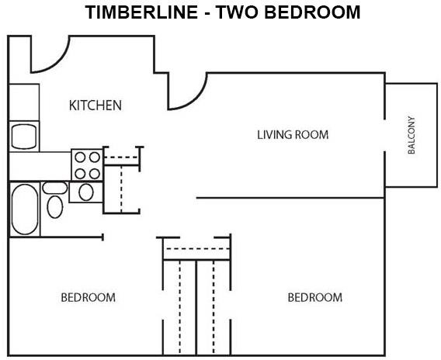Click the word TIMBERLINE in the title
[141, 12]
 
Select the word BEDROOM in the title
[312, 12]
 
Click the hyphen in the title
[207, 14]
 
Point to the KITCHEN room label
[95, 106]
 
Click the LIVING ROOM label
[293, 135]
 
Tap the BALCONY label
[411, 135]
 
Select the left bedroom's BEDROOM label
[88, 297]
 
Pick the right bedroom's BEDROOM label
[315, 297]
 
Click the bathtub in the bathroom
[25, 209]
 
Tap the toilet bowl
[55, 207]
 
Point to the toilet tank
[55, 188]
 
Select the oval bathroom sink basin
[86, 192]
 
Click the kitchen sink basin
[24, 137]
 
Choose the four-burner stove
[87, 165]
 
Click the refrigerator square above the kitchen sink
[24, 102]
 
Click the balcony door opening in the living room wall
[385, 136]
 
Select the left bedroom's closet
[179, 308]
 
